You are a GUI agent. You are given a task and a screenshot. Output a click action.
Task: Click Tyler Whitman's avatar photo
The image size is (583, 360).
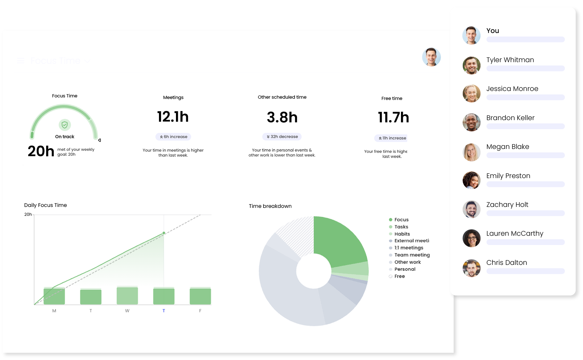tap(471, 65)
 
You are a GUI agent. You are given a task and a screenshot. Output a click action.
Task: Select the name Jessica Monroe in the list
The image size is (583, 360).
tap(512, 89)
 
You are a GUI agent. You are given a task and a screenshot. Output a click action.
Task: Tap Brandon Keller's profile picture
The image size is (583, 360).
tap(471, 122)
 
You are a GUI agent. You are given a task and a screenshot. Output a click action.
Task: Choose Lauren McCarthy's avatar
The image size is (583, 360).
tap(471, 238)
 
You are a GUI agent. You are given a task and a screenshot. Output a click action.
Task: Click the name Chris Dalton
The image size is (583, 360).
tap(506, 263)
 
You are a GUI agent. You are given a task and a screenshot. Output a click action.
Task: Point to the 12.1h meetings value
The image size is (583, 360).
tap(173, 117)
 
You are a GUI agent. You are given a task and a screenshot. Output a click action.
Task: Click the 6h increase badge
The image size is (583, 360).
tap(173, 137)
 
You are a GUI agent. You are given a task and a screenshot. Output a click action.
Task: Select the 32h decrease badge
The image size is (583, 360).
tap(282, 137)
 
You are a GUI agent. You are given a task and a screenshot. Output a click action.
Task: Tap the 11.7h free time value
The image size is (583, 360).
tap(393, 118)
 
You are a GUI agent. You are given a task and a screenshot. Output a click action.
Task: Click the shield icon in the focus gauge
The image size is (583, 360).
tap(65, 125)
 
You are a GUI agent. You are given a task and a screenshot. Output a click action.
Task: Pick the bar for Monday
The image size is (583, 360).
tap(54, 296)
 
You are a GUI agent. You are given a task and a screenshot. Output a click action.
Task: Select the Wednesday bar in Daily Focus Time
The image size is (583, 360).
tap(127, 296)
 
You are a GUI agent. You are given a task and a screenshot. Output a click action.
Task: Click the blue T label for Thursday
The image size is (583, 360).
tap(164, 311)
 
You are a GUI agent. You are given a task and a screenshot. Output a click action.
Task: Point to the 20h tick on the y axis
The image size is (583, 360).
tap(28, 214)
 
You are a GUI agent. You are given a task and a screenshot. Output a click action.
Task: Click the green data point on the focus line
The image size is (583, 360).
tap(164, 233)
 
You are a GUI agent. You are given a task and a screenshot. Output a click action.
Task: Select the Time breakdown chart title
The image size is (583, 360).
tap(270, 206)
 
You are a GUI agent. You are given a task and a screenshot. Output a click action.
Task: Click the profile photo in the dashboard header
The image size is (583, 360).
tap(431, 57)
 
